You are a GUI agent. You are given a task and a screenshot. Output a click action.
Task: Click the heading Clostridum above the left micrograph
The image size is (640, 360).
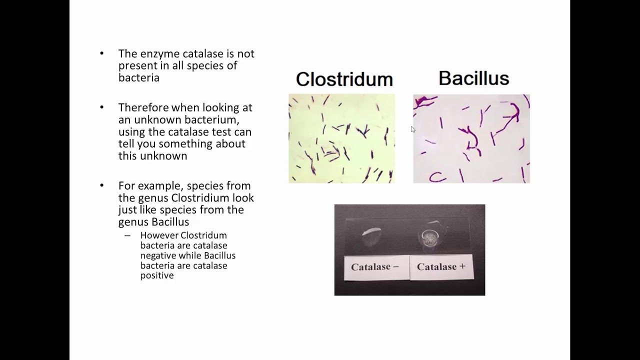tap(344, 79)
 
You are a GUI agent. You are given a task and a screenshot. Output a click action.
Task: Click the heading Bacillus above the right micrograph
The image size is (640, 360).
tap(473, 78)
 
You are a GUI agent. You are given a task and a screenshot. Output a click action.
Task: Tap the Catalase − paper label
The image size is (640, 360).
tap(375, 267)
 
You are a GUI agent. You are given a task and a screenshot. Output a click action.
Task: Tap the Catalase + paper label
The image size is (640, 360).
tap(441, 267)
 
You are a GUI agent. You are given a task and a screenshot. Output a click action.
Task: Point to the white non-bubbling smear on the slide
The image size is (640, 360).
tap(371, 232)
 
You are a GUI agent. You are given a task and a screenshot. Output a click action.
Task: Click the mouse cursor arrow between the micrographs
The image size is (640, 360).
tap(413, 129)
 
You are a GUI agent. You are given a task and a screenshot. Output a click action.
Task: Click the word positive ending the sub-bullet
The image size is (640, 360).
tap(157, 275)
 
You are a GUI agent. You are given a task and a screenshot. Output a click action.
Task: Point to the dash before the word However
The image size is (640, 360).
tap(127, 235)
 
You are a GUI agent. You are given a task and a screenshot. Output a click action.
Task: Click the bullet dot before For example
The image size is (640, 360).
tap(102, 185)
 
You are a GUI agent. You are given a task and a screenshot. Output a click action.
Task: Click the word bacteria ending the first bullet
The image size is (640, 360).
tap(138, 77)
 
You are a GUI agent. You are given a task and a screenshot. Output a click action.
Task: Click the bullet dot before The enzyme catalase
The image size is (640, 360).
tap(102, 53)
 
